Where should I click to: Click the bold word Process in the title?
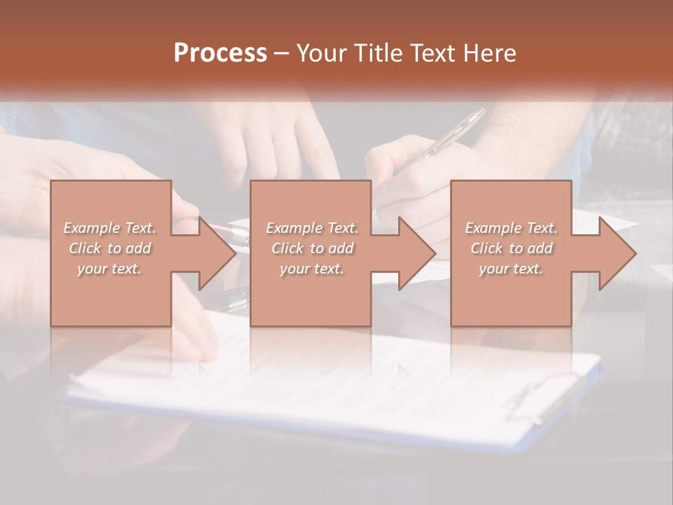(220, 53)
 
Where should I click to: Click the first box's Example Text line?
(110, 228)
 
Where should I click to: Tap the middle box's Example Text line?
(311, 228)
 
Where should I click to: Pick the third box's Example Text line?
(511, 228)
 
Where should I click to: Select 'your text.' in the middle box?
(311, 269)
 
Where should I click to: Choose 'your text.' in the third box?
(511, 269)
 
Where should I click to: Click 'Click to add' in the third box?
(511, 248)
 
